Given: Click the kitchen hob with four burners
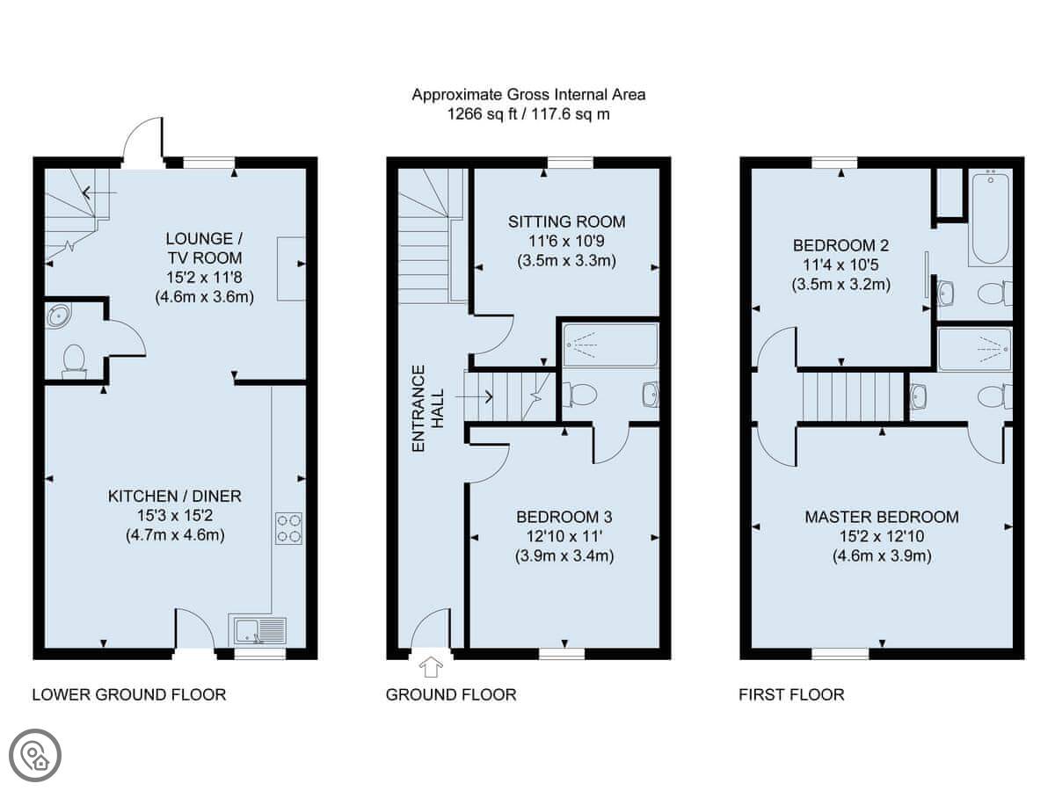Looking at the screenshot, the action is coord(288,528).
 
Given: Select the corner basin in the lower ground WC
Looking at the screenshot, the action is coord(58,315).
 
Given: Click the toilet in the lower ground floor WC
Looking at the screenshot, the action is coord(74,361).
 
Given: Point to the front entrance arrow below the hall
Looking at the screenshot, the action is coord(431,667).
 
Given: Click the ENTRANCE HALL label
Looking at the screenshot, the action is coord(427,409).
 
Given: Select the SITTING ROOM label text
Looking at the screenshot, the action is coord(567,221).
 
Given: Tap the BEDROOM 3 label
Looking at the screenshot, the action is coord(564,517).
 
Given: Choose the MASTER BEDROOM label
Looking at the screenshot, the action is coord(882,517).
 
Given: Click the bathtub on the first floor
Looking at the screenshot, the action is coord(991,219).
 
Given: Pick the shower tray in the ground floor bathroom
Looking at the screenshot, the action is coord(610,345).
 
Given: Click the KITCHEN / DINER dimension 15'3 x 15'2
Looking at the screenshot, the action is coord(175,516).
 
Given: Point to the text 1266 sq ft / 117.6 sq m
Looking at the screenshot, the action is coord(528,114).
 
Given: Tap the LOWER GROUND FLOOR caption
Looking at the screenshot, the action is coord(129,694).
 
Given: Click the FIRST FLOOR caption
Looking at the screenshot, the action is coord(791,694).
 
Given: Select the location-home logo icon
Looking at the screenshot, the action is coord(35,756).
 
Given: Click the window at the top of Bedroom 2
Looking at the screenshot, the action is coord(834,163).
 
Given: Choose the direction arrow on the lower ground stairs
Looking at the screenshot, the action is coord(99,193).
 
